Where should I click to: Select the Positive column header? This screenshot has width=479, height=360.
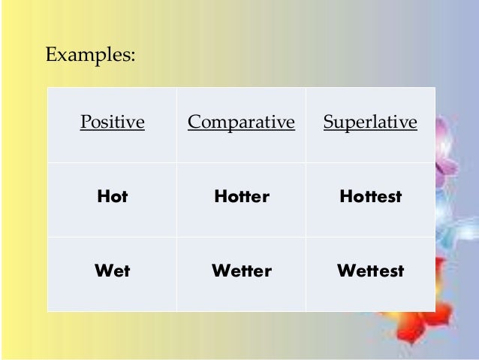click(x=112, y=122)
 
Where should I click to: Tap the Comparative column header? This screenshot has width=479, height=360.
click(x=241, y=122)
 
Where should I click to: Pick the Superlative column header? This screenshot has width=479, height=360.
click(x=370, y=122)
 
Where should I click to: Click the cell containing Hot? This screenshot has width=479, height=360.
click(x=112, y=197)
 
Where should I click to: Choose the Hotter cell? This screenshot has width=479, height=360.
click(x=241, y=197)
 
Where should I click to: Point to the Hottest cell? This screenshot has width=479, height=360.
click(x=370, y=197)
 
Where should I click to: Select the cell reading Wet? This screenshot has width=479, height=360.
click(x=112, y=271)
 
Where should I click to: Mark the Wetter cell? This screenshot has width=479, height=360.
click(x=241, y=271)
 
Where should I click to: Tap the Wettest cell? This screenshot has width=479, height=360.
click(x=370, y=271)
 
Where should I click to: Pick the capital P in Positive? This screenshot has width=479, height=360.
click(x=84, y=122)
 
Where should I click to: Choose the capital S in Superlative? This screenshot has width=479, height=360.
click(x=327, y=122)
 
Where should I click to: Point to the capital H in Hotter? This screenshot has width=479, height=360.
click(x=220, y=197)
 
